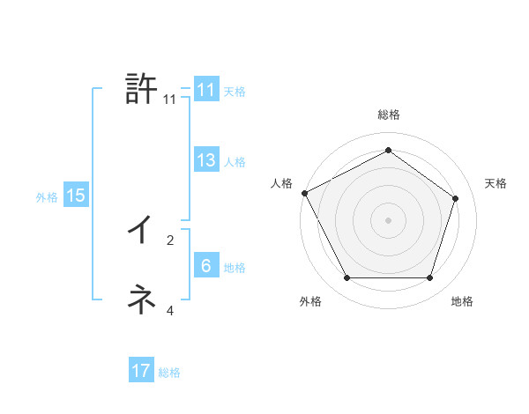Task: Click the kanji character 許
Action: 142,90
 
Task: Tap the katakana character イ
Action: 140,230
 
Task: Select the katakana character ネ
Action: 141,299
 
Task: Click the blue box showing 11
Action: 206,90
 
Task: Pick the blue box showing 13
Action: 206,160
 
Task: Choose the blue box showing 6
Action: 206,266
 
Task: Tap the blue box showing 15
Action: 76,196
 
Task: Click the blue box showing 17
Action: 141,371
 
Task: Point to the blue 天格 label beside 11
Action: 235,91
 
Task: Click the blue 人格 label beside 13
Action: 235,161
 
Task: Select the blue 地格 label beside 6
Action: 235,267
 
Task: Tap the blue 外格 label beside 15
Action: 47,197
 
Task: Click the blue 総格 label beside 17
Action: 169,373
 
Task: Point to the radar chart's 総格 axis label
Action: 389,115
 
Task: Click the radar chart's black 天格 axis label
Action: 496,183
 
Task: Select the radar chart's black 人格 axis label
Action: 281,183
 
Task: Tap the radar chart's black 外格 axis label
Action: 310,301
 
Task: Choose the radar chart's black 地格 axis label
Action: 462,301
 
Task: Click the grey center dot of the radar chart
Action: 389,219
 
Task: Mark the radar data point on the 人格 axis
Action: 305,193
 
